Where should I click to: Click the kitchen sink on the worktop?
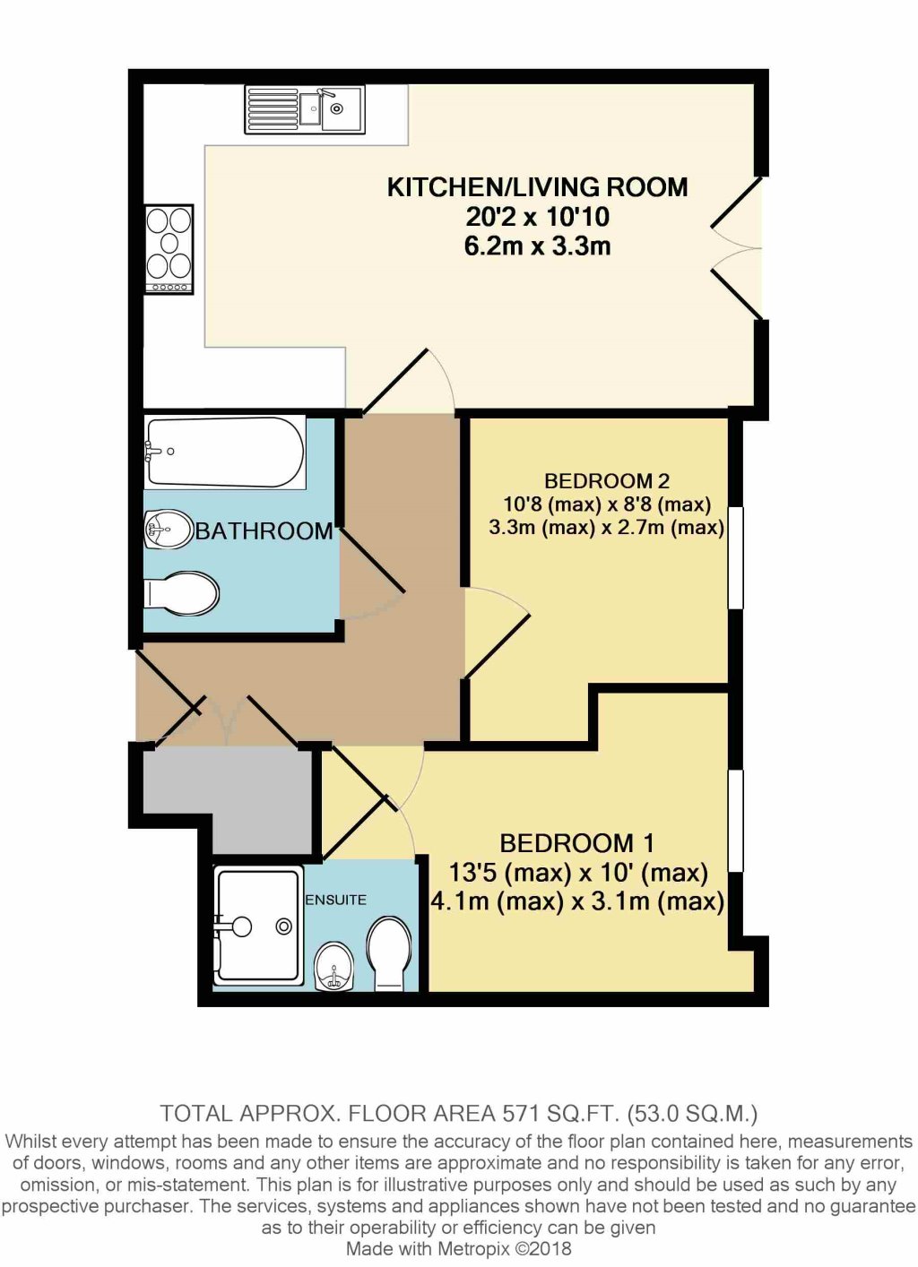pyautogui.click(x=305, y=109)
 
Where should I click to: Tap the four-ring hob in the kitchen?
pyautogui.click(x=169, y=248)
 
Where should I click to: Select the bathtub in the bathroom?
pyautogui.click(x=225, y=452)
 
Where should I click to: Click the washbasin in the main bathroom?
pyautogui.click(x=168, y=529)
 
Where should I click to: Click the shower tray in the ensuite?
pyautogui.click(x=257, y=924)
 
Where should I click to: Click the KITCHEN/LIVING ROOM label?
pyautogui.click(x=537, y=187)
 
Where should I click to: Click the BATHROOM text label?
pyautogui.click(x=264, y=531)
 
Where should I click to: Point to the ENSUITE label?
pyautogui.click(x=335, y=900)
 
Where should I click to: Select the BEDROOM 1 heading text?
pyautogui.click(x=576, y=843)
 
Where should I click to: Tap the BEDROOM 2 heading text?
pyautogui.click(x=606, y=481)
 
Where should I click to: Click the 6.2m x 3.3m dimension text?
pyautogui.click(x=537, y=246)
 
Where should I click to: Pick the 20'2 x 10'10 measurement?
pyautogui.click(x=537, y=217)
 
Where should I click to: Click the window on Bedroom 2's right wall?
pyautogui.click(x=736, y=557)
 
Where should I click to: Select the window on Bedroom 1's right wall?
pyautogui.click(x=736, y=820)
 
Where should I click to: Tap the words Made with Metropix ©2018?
pyautogui.click(x=458, y=1248)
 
